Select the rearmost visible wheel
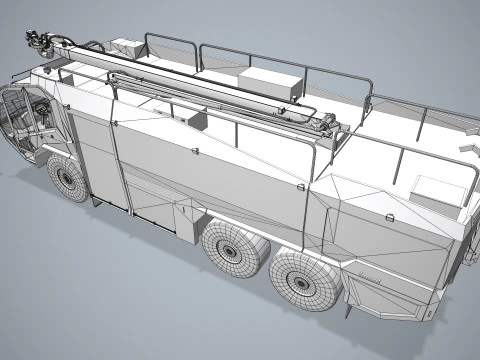[x=306, y=279]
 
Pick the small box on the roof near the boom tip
[x=126, y=48]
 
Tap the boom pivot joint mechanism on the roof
[x=326, y=124]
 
